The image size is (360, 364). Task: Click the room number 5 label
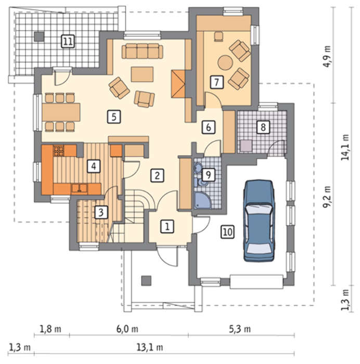(114, 116)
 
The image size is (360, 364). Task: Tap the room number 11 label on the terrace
(68, 41)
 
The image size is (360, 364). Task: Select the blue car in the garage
(259, 221)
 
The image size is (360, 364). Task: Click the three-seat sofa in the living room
(143, 51)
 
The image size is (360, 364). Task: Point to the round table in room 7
(225, 62)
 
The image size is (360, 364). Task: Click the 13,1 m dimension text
(150, 347)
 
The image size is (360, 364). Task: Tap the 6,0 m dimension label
(127, 329)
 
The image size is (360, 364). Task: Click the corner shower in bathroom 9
(202, 200)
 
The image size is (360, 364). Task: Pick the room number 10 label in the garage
(227, 232)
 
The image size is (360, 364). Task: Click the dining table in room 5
(61, 112)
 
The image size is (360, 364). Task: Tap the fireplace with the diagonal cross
(178, 84)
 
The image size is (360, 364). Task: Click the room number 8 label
(263, 127)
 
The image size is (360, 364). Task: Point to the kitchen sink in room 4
(80, 188)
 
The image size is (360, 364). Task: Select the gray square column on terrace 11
(39, 36)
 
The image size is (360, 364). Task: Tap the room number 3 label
(101, 212)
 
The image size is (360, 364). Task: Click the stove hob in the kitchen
(59, 150)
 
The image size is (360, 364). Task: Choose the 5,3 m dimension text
(240, 329)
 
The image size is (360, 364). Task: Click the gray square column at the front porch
(146, 280)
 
